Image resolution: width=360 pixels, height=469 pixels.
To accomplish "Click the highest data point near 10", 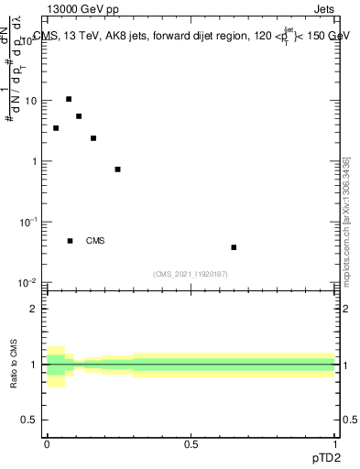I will (69, 99).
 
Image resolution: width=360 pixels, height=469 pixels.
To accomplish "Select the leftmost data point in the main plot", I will (56, 128).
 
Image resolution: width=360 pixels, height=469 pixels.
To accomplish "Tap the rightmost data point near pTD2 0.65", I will (235, 247).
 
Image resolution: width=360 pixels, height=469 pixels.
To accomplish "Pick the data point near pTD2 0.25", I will (117, 169).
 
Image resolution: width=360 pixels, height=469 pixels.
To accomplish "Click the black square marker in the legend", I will (70, 241).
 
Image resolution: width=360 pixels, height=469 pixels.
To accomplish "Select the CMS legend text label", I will (95, 241).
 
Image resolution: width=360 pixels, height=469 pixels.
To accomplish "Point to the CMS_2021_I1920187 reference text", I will (191, 274).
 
